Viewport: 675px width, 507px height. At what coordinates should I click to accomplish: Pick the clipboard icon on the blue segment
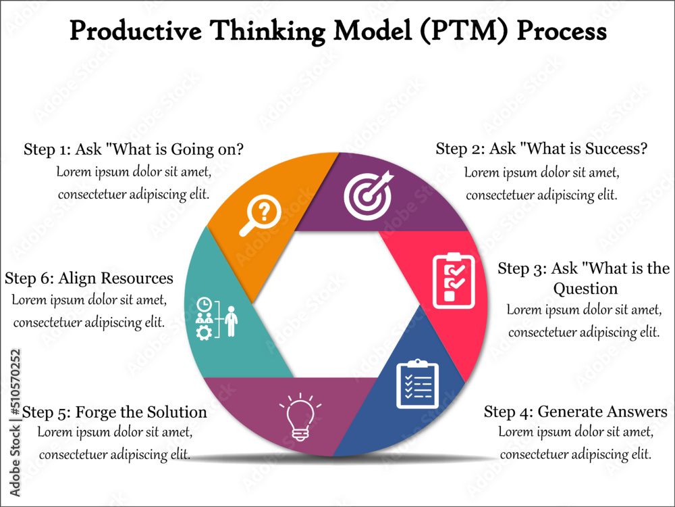coord(417,384)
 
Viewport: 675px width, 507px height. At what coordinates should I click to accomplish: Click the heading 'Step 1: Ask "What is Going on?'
coord(134,149)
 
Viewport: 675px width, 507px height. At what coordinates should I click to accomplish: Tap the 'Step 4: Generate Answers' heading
coord(576,412)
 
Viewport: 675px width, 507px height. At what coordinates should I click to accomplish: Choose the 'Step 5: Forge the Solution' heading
coord(115,412)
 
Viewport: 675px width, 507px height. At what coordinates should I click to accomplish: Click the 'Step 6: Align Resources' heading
coord(89,279)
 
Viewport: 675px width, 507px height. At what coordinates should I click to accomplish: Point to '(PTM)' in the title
coord(466,31)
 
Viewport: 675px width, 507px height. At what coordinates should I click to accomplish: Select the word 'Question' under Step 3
coord(585,289)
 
